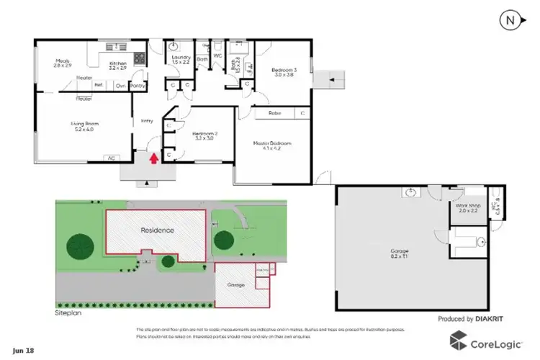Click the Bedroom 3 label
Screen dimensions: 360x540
[284, 72]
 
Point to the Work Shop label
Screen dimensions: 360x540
[463, 208]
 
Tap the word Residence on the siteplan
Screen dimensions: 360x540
[153, 231]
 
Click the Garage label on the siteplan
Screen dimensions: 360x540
[236, 286]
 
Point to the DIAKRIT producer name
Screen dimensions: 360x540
[502, 318]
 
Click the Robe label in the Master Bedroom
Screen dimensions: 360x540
[274, 113]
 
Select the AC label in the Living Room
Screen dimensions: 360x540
[111, 157]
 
